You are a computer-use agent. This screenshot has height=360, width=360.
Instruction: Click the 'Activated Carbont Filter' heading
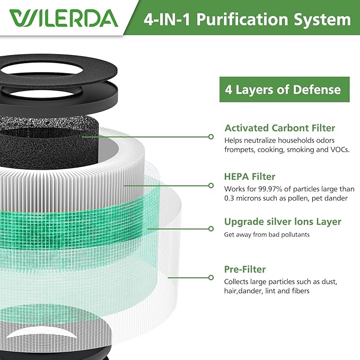(x=279, y=128)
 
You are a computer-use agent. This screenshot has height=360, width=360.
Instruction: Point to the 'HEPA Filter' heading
(x=250, y=177)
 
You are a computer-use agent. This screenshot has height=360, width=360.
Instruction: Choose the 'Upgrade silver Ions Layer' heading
(x=283, y=222)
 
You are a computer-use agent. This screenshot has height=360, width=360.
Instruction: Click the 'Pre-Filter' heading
(x=245, y=269)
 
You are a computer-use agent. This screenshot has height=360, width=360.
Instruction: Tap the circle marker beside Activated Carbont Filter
(x=211, y=137)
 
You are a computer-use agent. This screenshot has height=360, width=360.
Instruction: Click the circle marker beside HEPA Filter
(x=211, y=186)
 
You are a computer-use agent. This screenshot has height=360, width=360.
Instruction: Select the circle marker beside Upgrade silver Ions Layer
(x=211, y=229)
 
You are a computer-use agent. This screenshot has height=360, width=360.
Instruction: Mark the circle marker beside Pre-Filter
(x=211, y=277)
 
